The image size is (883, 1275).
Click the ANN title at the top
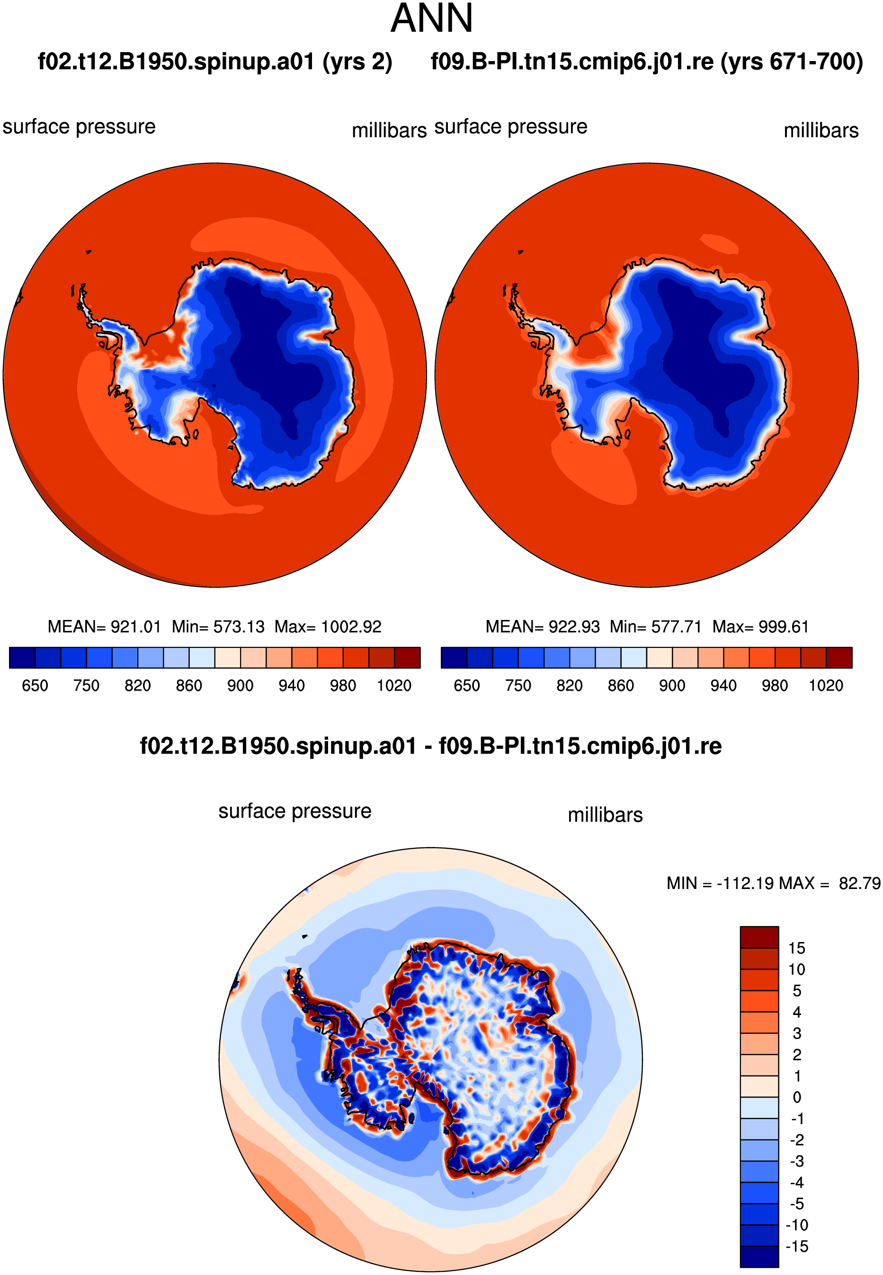point(432,18)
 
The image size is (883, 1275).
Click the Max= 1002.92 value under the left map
point(328,627)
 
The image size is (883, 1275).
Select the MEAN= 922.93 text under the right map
point(543,627)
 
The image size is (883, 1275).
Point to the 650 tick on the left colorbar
point(35,686)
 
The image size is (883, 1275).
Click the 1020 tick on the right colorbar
point(826,686)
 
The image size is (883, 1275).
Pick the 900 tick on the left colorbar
point(240,686)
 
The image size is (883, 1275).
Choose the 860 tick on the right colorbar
point(621,686)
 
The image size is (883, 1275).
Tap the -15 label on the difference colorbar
point(797,1247)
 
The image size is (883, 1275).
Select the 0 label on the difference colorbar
point(797,1097)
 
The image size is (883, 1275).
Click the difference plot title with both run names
point(430,746)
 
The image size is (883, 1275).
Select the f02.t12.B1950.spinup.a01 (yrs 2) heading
point(215,62)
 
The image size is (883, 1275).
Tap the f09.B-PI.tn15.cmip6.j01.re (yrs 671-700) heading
point(647,62)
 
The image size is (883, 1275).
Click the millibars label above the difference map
point(605,815)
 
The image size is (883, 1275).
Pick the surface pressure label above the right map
point(511,127)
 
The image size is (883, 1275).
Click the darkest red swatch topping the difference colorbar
point(759,938)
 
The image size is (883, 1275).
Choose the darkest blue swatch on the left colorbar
point(22,657)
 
